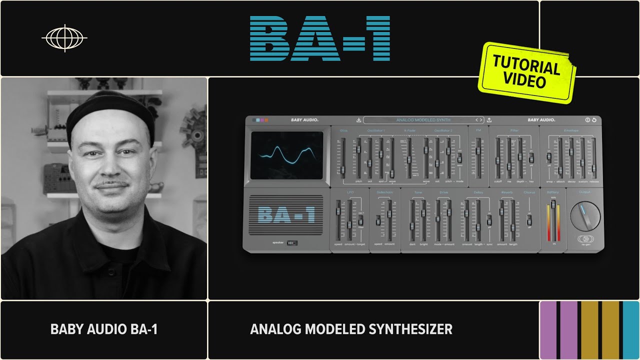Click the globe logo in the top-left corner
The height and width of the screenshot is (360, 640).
[x=64, y=38]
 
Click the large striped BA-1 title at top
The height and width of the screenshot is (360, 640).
[x=320, y=38]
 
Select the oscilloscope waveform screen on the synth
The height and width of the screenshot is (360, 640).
[x=287, y=155]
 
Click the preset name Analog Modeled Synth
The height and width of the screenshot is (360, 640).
[x=423, y=120]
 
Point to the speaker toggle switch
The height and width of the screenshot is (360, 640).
[x=292, y=243]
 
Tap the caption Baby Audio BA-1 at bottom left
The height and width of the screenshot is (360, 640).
[x=104, y=329]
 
